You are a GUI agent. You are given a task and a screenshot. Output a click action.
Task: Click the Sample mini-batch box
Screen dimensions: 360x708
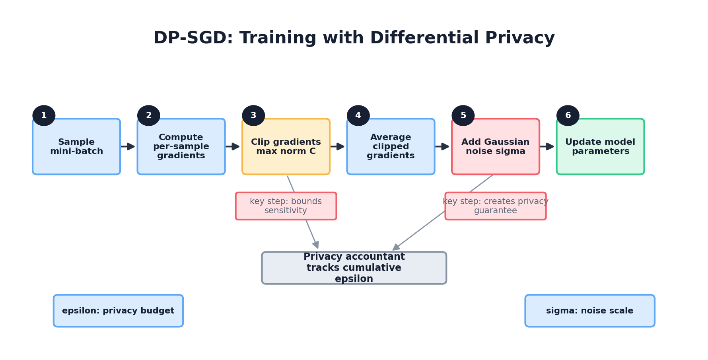76,147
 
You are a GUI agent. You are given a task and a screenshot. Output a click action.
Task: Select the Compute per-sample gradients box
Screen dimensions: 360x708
181,147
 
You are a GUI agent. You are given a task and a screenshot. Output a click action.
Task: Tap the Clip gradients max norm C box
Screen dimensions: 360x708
286,147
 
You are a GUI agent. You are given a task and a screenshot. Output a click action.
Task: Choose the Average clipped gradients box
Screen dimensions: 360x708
391,147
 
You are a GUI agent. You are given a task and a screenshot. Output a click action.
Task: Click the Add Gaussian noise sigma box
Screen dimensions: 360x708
495,147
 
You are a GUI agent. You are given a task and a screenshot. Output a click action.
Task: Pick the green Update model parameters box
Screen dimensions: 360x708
600,147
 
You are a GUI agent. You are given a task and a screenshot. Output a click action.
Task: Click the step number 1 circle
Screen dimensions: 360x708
44,116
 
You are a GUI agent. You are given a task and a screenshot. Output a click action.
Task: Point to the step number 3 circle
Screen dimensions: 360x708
253,116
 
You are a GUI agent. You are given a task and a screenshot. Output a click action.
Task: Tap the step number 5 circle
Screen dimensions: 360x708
463,116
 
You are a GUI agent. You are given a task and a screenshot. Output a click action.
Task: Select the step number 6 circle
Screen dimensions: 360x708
568,116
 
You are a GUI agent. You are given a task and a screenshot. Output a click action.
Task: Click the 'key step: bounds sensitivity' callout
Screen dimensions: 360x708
286,206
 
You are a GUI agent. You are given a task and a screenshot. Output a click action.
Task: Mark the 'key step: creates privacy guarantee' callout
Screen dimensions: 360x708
495,206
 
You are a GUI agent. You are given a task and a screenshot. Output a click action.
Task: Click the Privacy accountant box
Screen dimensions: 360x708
354,268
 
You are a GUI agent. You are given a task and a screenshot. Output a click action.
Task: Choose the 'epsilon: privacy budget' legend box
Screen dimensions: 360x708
118,311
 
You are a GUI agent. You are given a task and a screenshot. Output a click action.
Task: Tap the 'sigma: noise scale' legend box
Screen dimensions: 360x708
589,311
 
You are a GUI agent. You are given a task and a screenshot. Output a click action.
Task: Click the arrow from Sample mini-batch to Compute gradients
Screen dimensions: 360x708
128,146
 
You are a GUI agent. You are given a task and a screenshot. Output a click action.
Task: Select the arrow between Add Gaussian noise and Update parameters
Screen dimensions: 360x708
547,146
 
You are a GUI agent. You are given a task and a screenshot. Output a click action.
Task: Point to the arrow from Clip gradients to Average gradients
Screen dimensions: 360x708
338,146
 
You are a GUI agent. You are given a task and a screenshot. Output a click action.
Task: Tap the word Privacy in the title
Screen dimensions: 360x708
519,38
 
